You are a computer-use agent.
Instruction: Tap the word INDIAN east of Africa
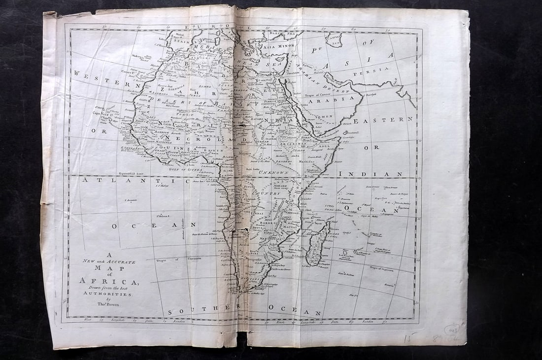click(x=378, y=174)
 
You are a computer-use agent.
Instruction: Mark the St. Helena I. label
click(x=163, y=216)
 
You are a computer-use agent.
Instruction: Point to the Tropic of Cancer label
click(x=320, y=95)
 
